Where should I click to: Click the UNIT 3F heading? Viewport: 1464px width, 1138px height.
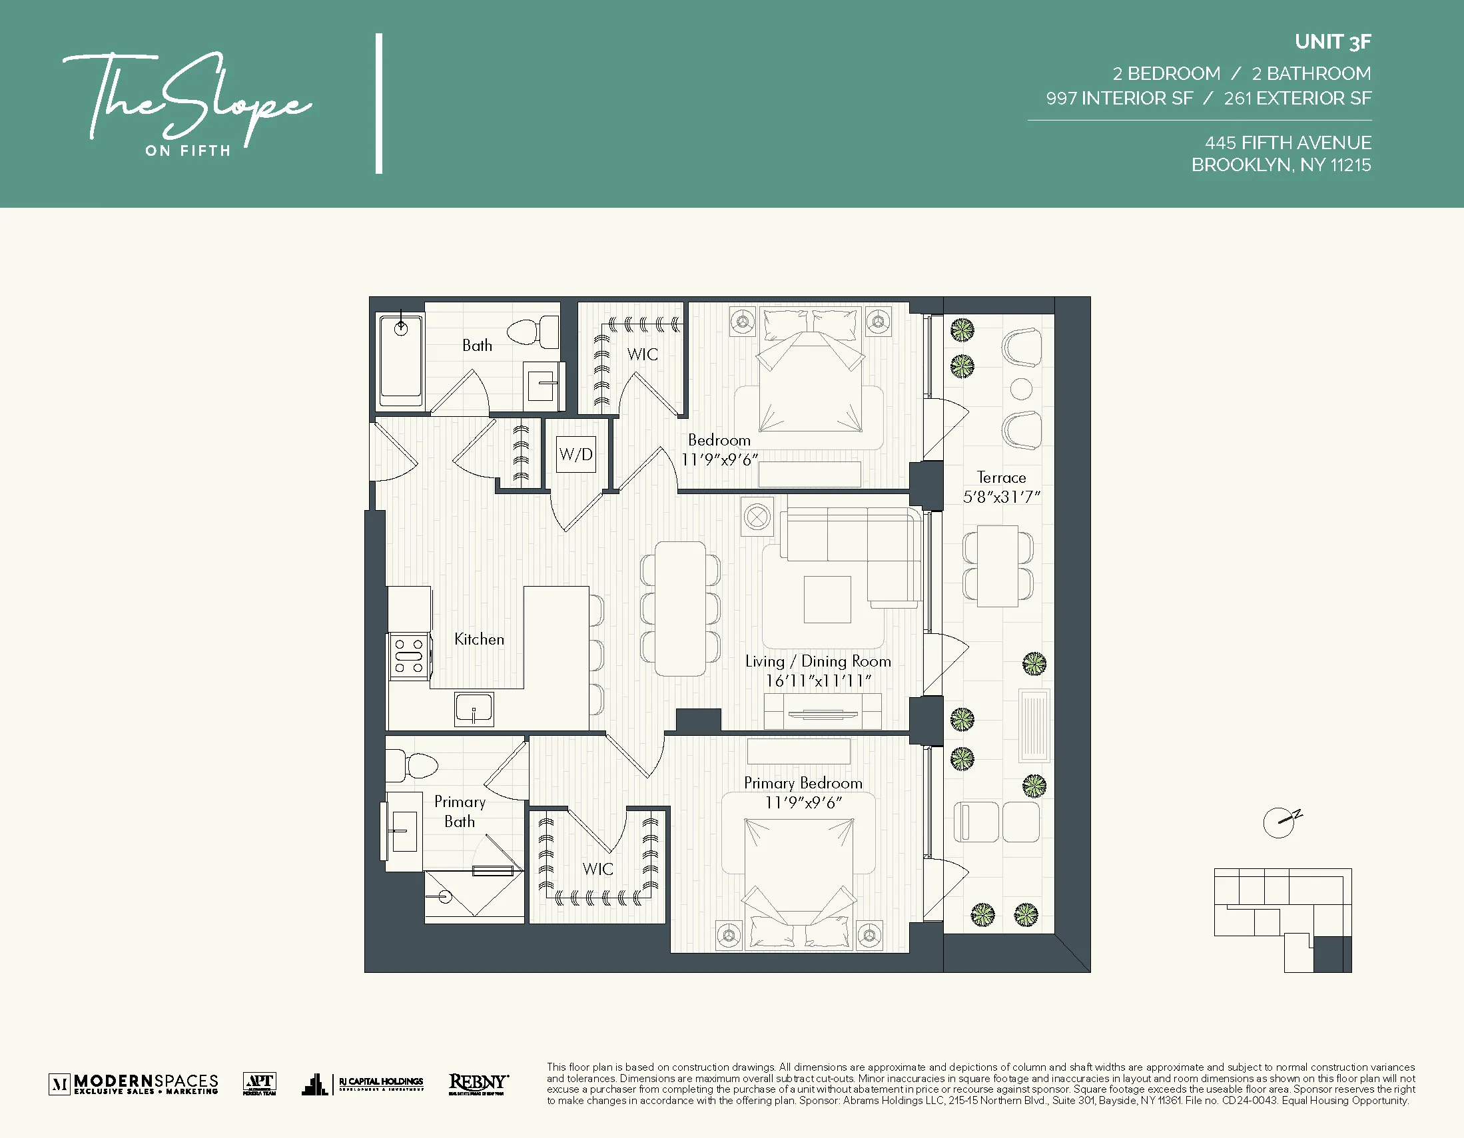pyautogui.click(x=1332, y=41)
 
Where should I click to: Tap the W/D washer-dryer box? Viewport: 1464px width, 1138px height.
pyautogui.click(x=576, y=454)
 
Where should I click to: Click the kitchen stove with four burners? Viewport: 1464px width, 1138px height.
pyautogui.click(x=409, y=656)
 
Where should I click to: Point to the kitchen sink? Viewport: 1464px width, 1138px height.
pyautogui.click(x=474, y=709)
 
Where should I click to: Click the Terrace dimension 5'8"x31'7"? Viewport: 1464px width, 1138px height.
pyautogui.click(x=1001, y=497)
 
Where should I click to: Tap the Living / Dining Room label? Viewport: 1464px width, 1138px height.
pyautogui.click(x=818, y=661)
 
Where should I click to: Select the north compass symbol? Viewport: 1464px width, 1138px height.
pyautogui.click(x=1280, y=822)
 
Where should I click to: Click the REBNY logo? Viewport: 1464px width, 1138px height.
pyautogui.click(x=478, y=1083)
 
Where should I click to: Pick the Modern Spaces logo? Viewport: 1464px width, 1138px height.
pyautogui.click(x=134, y=1083)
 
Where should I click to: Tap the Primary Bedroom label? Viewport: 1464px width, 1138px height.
pyautogui.click(x=803, y=783)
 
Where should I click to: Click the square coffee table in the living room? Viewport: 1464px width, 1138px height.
pyautogui.click(x=827, y=599)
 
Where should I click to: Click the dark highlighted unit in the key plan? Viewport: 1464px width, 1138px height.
pyautogui.click(x=1331, y=954)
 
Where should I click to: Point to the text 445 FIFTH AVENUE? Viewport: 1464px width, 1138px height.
pyautogui.click(x=1287, y=142)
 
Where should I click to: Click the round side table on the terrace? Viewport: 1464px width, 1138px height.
pyautogui.click(x=1020, y=389)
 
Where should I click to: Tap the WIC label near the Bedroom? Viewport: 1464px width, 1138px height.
pyautogui.click(x=642, y=354)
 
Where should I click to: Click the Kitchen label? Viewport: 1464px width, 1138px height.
pyautogui.click(x=479, y=639)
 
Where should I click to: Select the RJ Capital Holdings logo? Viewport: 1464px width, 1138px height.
pyautogui.click(x=363, y=1083)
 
